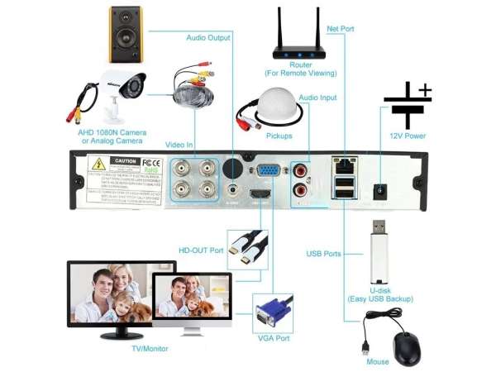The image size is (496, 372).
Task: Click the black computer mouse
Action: pos(406,349)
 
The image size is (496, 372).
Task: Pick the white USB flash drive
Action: pos(379,252)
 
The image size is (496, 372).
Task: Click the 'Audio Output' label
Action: pos(209,37)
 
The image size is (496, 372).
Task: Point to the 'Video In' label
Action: pos(179,145)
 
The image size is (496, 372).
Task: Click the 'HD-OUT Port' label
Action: pos(201,250)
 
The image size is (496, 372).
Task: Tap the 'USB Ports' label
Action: pos(323,254)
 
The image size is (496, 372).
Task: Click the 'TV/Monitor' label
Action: pos(149,349)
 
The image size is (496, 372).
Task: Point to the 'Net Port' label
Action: pos(340,29)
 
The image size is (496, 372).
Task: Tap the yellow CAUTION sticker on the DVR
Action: pos(125,160)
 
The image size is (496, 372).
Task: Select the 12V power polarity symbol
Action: pos(406,105)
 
